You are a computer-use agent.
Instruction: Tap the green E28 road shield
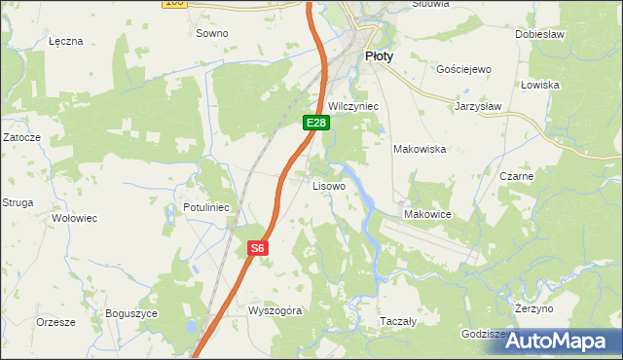(316, 123)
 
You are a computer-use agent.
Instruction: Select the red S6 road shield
(256, 248)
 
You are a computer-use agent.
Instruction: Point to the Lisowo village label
(328, 185)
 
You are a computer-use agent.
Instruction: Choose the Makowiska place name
(419, 149)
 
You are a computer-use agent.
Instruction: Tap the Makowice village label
(426, 214)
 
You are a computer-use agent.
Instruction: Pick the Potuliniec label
(205, 207)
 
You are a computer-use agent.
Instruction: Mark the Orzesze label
(55, 320)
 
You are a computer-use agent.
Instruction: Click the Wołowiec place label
(74, 218)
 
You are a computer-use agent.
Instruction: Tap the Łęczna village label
(66, 42)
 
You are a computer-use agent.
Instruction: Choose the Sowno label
(211, 33)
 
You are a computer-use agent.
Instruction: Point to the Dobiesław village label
(540, 33)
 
